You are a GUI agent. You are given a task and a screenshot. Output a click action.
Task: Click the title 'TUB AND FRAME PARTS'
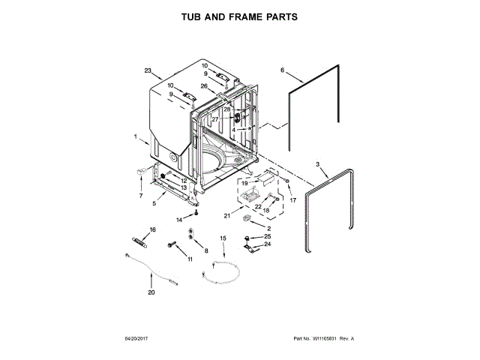[239, 16]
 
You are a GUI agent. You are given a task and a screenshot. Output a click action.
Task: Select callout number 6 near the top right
[283, 70]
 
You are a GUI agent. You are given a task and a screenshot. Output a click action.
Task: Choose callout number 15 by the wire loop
[223, 238]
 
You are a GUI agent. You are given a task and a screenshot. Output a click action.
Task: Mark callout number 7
[140, 196]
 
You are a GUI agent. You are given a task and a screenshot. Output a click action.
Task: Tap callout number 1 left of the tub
[136, 138]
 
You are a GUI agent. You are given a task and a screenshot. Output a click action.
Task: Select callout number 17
[293, 200]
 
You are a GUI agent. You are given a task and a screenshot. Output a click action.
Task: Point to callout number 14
[179, 220]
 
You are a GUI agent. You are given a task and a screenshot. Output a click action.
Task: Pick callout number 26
[204, 85]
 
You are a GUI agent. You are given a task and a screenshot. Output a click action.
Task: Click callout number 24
[267, 244]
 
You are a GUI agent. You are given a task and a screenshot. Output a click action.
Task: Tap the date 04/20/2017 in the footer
[133, 339]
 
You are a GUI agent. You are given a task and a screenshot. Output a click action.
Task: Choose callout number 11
[190, 259]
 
